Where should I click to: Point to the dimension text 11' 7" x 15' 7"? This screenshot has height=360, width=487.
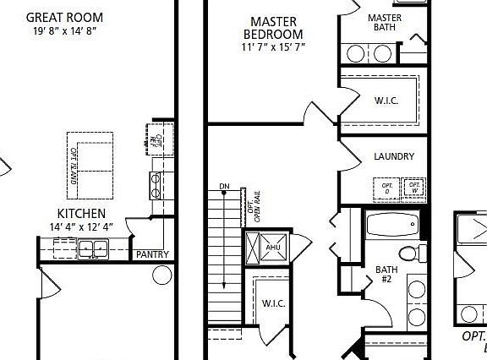273,47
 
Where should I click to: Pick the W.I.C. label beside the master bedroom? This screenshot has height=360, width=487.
386,101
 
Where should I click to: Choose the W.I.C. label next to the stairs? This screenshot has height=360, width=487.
272,303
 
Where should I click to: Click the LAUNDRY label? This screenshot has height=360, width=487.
393,156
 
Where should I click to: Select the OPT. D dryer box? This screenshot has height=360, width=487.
387,187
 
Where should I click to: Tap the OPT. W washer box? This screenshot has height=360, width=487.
413,187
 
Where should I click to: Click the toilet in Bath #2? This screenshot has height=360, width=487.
409,253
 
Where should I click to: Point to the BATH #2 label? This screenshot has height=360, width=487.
386,275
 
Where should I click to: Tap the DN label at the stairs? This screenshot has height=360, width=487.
224,186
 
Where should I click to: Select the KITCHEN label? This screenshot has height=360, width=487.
81,214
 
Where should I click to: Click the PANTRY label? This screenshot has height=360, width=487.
152,254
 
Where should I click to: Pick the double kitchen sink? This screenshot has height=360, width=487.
92,248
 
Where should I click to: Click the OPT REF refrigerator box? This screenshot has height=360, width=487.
156,134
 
